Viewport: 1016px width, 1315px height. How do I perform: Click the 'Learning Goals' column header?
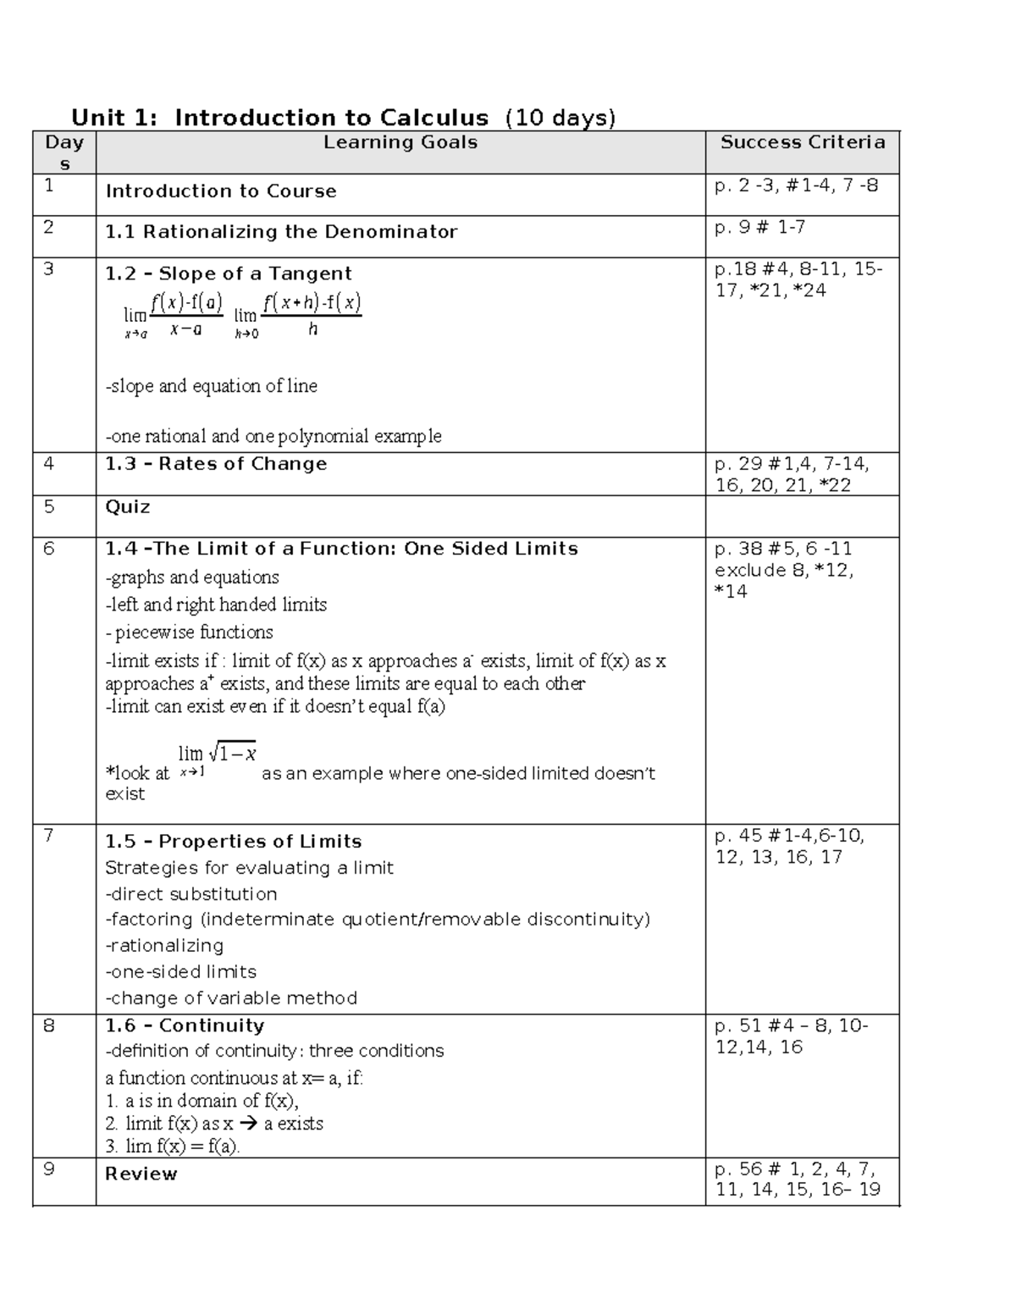[x=400, y=143]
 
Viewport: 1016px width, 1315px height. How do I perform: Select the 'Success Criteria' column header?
[x=802, y=142]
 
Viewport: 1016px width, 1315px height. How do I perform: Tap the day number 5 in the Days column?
[x=48, y=506]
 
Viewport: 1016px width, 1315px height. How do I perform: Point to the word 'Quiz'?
[x=128, y=507]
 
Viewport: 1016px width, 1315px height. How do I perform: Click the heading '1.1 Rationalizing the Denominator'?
[x=281, y=232]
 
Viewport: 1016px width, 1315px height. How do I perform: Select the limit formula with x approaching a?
[x=174, y=316]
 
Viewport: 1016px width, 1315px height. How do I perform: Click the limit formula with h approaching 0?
[x=298, y=316]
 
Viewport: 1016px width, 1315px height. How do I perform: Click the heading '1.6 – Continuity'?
[x=185, y=1025]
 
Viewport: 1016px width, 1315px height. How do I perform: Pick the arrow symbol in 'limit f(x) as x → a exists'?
[x=248, y=1124]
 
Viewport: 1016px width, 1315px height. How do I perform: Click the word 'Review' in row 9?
[x=141, y=1174]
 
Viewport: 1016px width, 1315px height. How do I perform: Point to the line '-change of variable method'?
[x=231, y=998]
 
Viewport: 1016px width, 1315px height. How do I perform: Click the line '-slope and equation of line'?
[x=211, y=386]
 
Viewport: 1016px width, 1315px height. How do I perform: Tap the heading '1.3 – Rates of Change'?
[x=216, y=464]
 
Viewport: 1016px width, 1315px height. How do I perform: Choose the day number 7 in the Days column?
[x=48, y=836]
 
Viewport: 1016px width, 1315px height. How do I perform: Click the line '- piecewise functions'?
[x=189, y=633]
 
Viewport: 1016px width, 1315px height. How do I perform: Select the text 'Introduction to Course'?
[x=221, y=191]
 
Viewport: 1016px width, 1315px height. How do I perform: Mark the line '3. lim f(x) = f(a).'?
[x=173, y=1147]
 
